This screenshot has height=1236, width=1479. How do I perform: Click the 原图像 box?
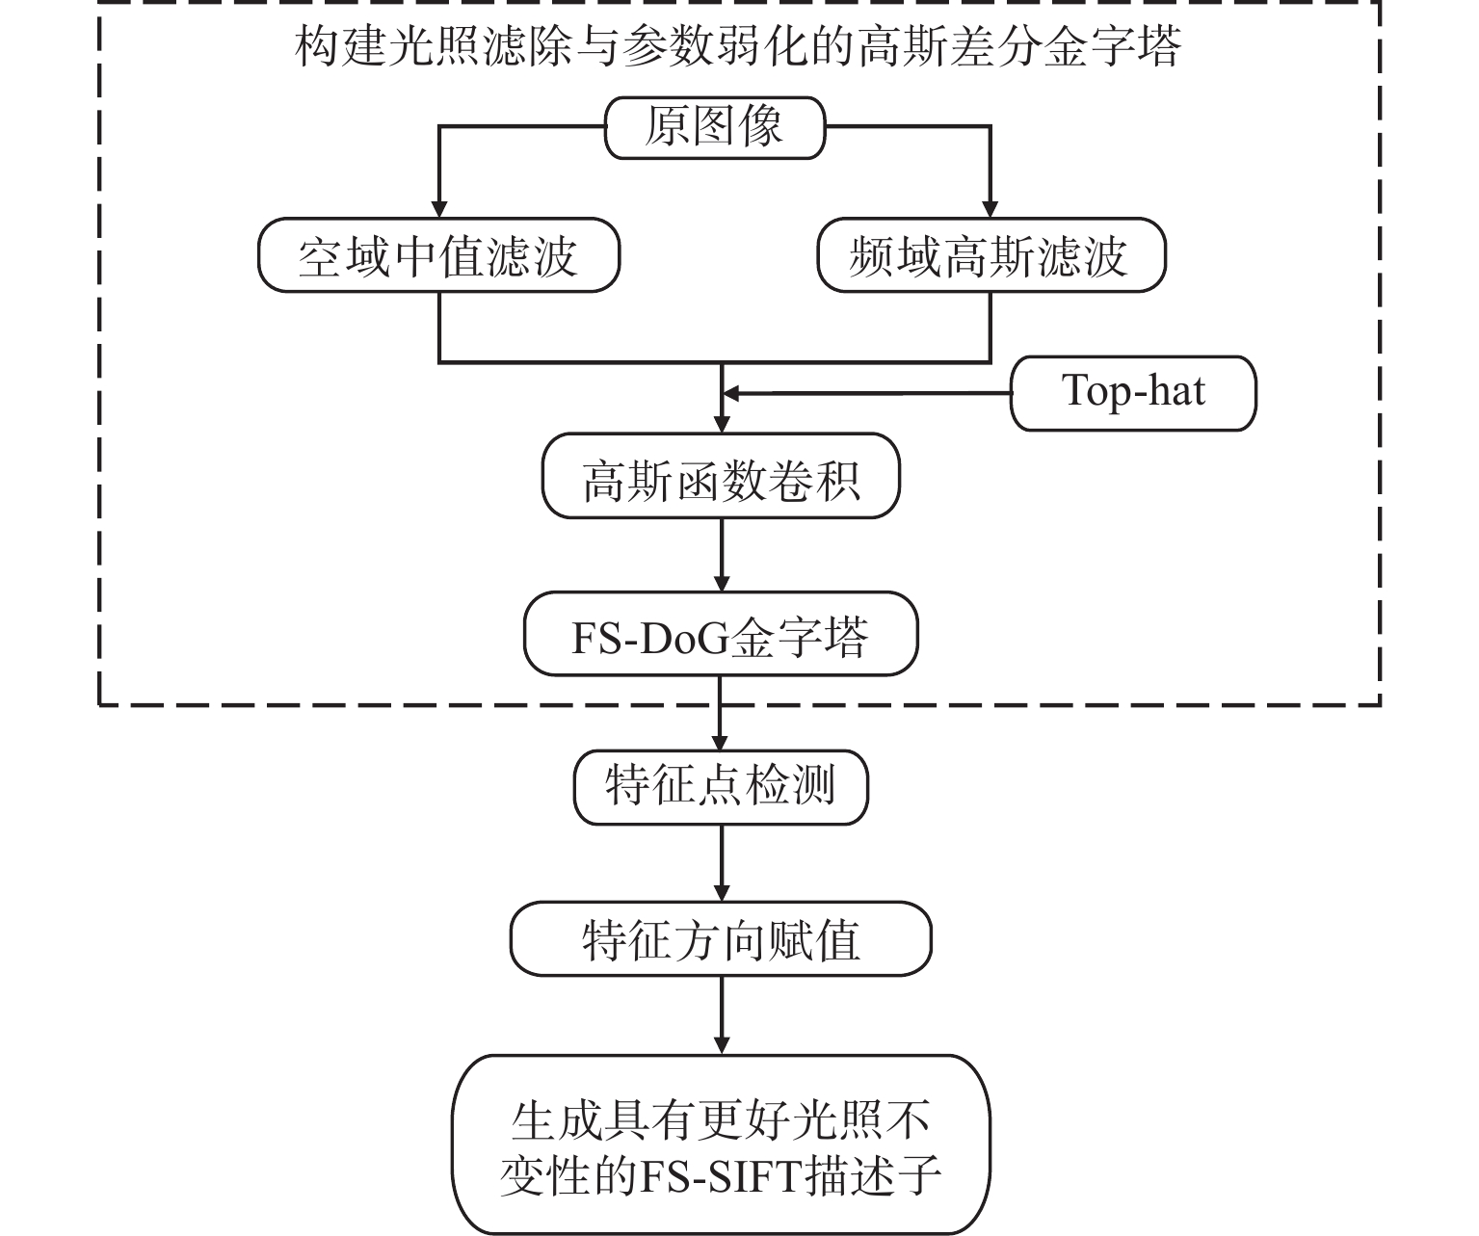point(715,127)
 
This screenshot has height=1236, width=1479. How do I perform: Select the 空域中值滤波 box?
point(438,255)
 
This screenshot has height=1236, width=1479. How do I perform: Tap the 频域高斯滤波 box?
point(990,255)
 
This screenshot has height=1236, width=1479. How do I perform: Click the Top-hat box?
point(1133,393)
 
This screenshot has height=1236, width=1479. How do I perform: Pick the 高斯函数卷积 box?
point(721,476)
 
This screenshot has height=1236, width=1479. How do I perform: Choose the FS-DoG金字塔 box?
point(721,634)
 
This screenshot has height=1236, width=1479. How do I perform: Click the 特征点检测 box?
point(721,788)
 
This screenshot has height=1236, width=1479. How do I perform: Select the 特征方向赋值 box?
point(721,939)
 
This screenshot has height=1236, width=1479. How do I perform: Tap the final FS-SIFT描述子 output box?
point(721,1144)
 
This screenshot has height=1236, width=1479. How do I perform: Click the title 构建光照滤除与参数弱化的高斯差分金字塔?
point(738,47)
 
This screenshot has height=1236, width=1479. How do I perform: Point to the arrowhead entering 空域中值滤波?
point(439,209)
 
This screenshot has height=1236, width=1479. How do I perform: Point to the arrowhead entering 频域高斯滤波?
point(990,209)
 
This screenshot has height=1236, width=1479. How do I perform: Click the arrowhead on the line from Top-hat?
point(730,393)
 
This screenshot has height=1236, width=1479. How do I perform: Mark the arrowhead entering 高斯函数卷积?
point(721,425)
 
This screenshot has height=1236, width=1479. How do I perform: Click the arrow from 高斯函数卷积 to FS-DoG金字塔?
point(721,555)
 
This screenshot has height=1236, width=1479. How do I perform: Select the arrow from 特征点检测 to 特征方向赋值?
point(721,863)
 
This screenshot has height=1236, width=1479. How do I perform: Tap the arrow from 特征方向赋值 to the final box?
point(721,1015)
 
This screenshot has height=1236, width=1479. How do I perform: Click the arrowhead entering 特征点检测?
point(720,742)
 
